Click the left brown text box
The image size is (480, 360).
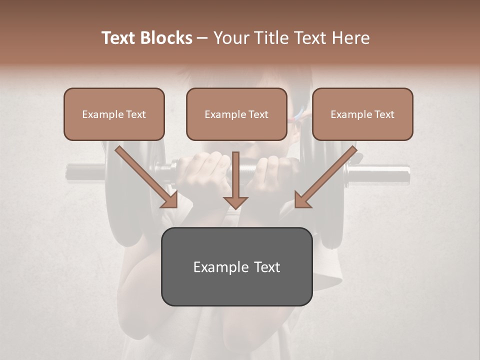114,114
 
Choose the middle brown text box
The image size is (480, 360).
236,114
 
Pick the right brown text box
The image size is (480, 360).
362,114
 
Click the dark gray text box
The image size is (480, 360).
236,266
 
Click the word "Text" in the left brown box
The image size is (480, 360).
135,114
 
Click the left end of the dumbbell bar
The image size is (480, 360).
72,171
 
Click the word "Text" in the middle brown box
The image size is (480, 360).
258,114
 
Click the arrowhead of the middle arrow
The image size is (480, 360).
235,201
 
